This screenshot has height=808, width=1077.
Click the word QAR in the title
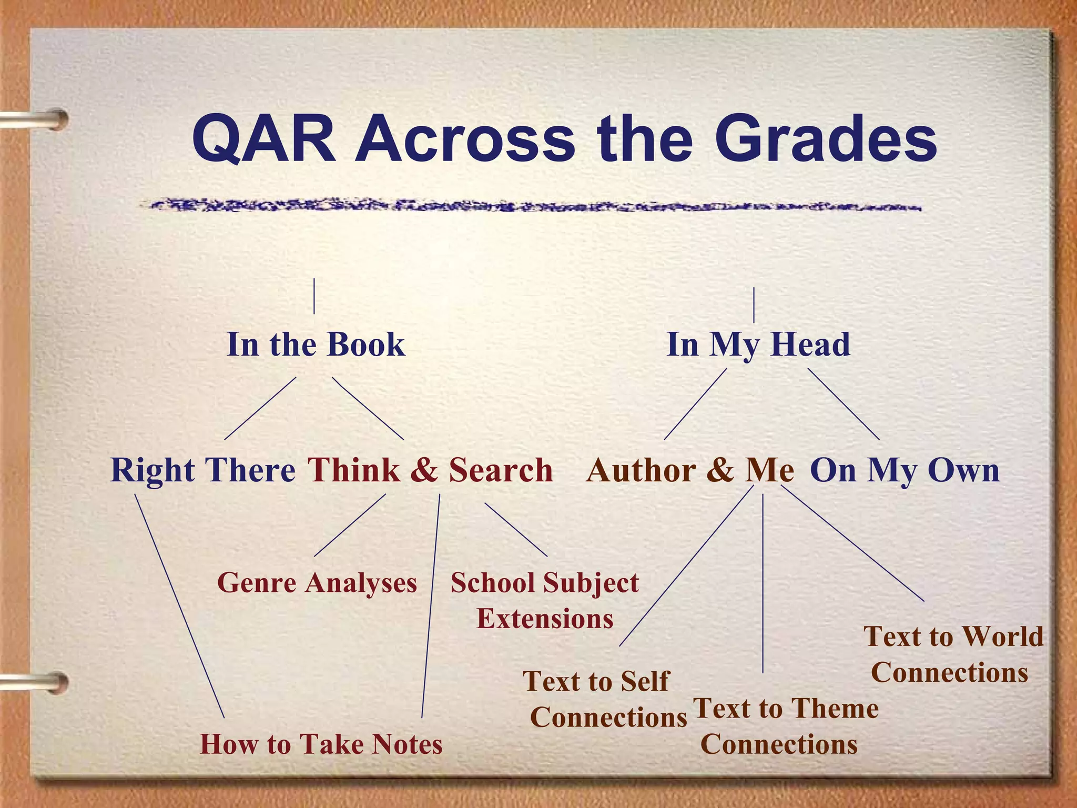click(265, 139)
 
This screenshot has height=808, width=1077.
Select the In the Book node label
click(316, 345)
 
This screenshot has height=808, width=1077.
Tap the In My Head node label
click(758, 345)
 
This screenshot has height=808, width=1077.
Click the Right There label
click(203, 470)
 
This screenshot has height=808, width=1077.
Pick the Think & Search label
click(430, 470)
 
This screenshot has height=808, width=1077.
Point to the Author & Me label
click(690, 470)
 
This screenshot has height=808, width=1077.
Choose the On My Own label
click(905, 470)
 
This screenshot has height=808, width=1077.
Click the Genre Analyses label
click(317, 583)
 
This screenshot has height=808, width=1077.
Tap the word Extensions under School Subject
click(545, 619)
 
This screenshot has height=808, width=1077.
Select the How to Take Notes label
click(321, 744)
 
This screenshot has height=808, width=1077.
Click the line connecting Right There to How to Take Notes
click(179, 605)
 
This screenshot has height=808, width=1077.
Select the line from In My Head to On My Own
click(844, 404)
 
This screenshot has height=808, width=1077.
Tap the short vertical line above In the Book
click(314, 296)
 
